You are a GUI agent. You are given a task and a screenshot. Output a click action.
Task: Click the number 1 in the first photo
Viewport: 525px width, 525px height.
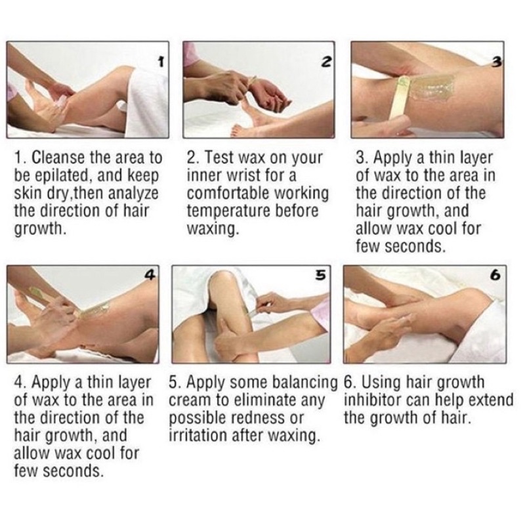161,61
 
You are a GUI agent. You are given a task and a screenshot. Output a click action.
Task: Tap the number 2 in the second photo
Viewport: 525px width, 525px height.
327,61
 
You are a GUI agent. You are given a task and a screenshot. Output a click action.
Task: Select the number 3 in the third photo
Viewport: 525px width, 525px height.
497,62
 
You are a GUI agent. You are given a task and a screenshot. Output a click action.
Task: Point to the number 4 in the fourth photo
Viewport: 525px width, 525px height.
151,275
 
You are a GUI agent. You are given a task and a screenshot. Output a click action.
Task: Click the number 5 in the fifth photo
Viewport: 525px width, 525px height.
321,275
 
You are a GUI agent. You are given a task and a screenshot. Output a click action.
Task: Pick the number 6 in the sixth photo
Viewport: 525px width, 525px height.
495,275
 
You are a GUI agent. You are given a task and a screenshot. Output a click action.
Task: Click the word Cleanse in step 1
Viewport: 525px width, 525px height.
58,157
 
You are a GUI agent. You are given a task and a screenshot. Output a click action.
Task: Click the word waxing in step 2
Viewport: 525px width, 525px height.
213,228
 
